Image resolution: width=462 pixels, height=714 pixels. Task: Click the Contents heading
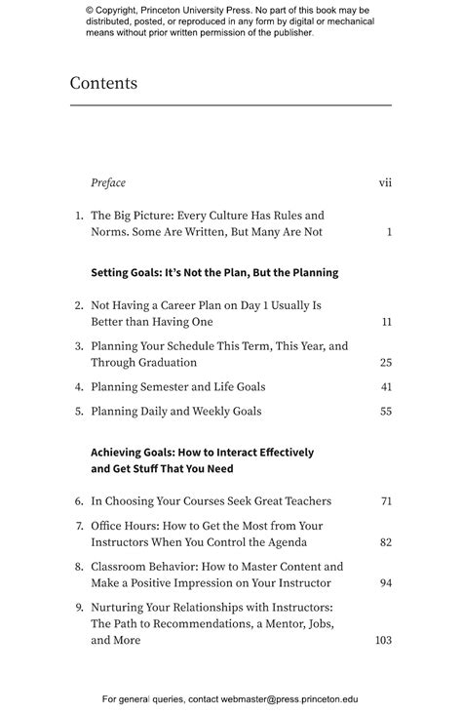point(103,83)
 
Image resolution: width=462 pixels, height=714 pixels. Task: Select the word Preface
point(108,182)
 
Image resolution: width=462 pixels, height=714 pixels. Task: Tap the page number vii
point(385,182)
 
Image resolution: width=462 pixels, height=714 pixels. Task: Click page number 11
point(387,322)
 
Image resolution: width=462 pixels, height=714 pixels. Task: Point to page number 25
point(386,363)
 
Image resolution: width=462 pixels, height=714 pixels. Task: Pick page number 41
point(386,387)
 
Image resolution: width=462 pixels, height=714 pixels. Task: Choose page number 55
point(386,412)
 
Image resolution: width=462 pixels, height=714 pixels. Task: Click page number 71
point(386,501)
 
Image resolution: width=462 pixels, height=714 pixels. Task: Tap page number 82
point(386,542)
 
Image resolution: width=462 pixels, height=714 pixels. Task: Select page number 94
point(386,583)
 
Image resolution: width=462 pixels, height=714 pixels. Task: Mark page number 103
point(383,641)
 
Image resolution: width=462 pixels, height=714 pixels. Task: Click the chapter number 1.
point(79,216)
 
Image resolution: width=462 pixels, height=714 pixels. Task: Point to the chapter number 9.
point(79,607)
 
